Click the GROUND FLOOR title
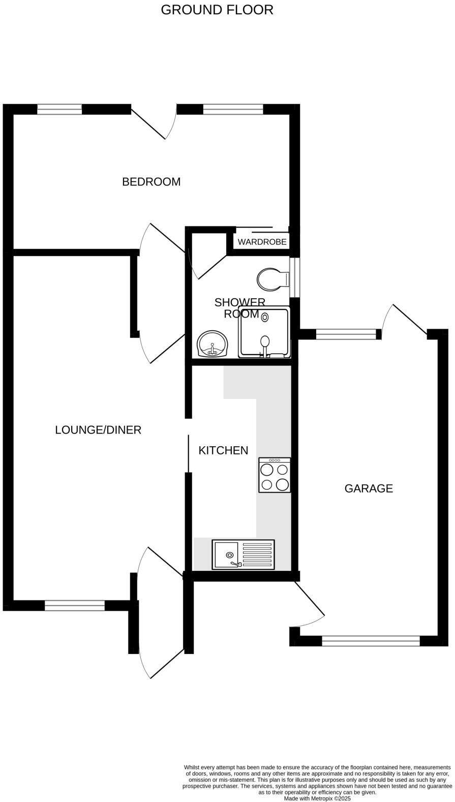tap(217, 10)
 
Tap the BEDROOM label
tap(151, 182)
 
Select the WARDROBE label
tap(262, 242)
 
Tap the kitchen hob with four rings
tap(275, 475)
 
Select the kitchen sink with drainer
tap(243, 555)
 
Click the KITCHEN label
tap(223, 450)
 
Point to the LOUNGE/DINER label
tap(98, 430)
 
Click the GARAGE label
tap(369, 489)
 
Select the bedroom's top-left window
tap(59, 109)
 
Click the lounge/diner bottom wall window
tap(75, 606)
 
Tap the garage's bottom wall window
tap(371, 641)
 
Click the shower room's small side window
tap(294, 277)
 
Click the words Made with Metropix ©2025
tap(317, 798)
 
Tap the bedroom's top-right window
tap(233, 109)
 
